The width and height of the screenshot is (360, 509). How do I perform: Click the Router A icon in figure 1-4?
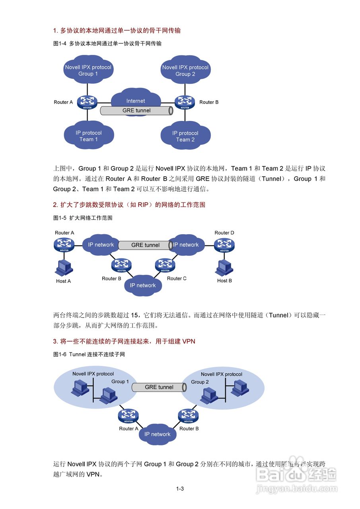pyautogui.click(x=88, y=102)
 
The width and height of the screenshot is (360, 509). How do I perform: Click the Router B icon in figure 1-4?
pyautogui.click(x=185, y=102)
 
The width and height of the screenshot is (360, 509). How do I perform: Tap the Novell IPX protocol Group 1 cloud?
pyautogui.click(x=88, y=70)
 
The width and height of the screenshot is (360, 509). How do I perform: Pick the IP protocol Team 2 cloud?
pyautogui.click(x=185, y=136)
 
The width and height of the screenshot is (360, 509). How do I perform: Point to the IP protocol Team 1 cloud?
pyautogui.click(x=88, y=136)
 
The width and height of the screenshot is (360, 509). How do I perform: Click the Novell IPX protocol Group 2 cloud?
pyautogui.click(x=185, y=70)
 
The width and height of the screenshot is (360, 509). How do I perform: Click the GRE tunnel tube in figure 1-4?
pyautogui.click(x=136, y=111)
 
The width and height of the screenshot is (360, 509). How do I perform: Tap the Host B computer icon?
pyautogui.click(x=224, y=268)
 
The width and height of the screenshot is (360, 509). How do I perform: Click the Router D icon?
pyautogui.click(x=224, y=245)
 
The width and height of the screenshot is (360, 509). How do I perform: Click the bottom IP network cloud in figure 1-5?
pyautogui.click(x=143, y=285)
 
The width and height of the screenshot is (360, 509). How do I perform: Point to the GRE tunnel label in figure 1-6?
pyautogui.click(x=159, y=387)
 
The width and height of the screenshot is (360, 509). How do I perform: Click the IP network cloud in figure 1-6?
pyautogui.click(x=157, y=434)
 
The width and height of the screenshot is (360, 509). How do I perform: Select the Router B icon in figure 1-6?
pyautogui.click(x=188, y=416)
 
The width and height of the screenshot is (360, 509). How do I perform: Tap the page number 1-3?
pyautogui.click(x=180, y=489)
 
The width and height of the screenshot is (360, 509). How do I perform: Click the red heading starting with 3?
pyautogui.click(x=124, y=341)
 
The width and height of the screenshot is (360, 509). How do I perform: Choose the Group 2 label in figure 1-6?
pyautogui.click(x=200, y=382)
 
